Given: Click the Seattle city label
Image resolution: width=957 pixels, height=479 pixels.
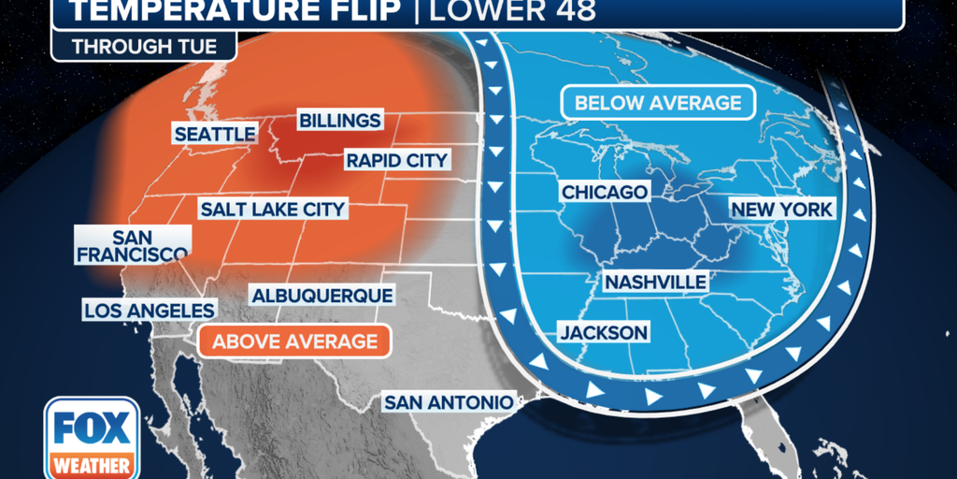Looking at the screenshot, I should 215,135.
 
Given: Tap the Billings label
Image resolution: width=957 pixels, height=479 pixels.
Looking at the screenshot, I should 339,121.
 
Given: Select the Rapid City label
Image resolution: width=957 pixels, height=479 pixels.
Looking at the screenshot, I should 396,160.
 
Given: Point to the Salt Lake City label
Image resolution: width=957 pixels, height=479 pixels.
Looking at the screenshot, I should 273,209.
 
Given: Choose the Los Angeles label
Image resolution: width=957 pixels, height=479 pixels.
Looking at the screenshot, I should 150,310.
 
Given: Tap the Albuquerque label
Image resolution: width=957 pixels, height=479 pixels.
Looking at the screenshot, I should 321,295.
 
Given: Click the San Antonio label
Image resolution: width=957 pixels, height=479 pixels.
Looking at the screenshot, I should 449,402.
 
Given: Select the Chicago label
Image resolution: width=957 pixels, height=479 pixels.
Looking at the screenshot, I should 604,192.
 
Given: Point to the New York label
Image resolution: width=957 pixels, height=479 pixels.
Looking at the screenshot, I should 780,210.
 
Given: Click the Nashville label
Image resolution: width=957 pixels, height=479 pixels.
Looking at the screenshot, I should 655,282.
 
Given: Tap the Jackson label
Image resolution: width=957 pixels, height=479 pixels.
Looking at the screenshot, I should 603,332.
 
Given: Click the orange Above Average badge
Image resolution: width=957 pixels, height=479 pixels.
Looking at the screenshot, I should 294,341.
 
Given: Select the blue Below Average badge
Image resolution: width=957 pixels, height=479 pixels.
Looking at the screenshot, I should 657,103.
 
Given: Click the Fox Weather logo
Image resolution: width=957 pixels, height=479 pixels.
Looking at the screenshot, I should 92,437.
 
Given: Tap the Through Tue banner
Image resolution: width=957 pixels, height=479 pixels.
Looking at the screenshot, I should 143,46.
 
